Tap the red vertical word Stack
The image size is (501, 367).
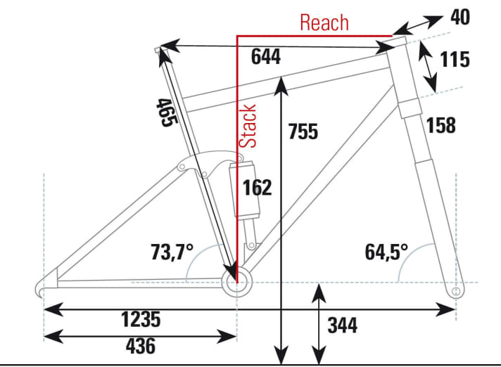(x=248, y=126)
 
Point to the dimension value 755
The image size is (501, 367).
(x=303, y=131)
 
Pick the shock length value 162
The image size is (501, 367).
(x=257, y=188)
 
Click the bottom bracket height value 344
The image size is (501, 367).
(x=342, y=326)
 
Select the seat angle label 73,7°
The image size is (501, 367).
(x=172, y=251)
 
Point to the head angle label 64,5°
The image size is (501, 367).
(x=386, y=251)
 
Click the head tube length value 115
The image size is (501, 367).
(x=455, y=60)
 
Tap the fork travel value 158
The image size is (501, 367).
(x=440, y=126)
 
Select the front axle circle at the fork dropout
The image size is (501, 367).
(x=456, y=289)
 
